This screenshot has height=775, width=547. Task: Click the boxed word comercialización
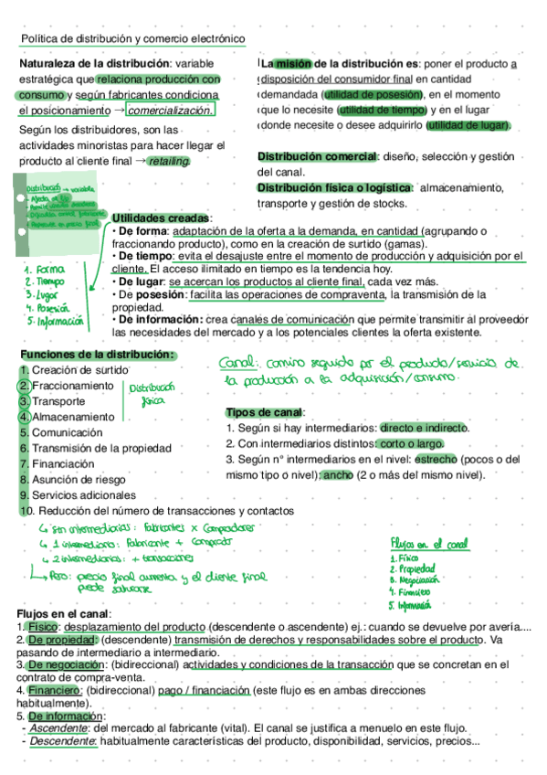[172, 111]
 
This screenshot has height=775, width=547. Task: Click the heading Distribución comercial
[318, 157]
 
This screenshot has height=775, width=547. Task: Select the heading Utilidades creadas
[161, 218]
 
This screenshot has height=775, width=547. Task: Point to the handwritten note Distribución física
[158, 395]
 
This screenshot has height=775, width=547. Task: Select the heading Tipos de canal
[265, 412]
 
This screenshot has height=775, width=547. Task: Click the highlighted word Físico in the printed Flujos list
[43, 627]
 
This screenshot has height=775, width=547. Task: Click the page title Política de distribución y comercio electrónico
[133, 39]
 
